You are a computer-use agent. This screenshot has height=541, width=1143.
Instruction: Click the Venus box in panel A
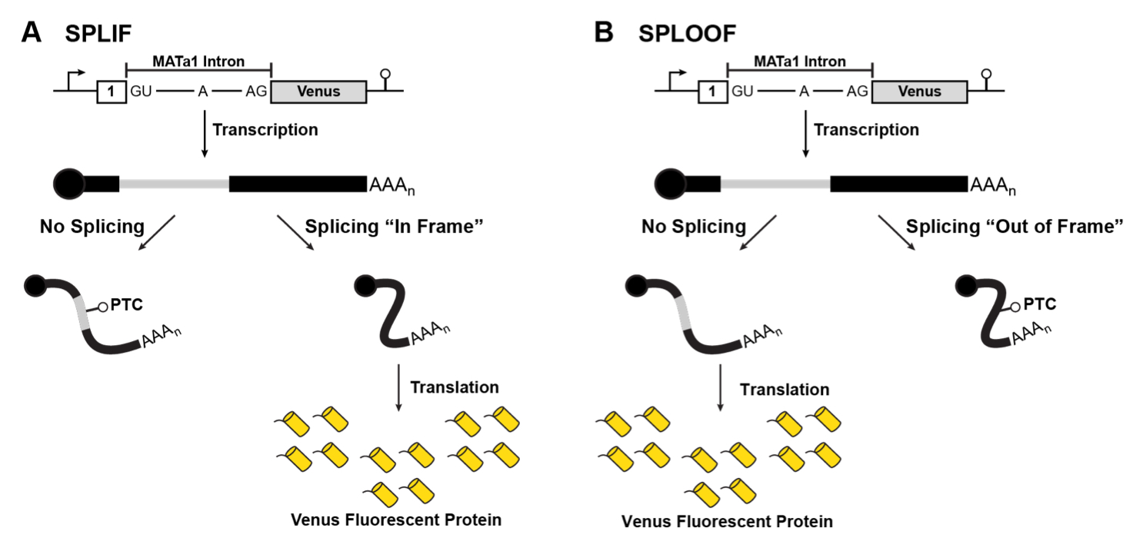click(x=318, y=91)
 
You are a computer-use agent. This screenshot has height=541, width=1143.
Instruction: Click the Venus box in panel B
click(x=919, y=91)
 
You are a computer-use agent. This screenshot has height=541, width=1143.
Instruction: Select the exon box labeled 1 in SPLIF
click(x=109, y=91)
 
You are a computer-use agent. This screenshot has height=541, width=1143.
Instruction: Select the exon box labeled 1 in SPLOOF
click(x=711, y=91)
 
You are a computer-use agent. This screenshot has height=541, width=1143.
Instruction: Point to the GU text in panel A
click(x=141, y=91)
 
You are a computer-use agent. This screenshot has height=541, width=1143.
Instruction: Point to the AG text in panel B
click(x=857, y=91)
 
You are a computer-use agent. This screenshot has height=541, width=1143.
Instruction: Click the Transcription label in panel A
click(x=265, y=130)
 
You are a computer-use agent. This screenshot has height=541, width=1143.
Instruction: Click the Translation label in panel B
click(x=785, y=390)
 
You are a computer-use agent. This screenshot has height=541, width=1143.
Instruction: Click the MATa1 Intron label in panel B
click(x=800, y=61)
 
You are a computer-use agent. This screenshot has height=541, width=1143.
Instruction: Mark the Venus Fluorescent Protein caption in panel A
click(x=396, y=519)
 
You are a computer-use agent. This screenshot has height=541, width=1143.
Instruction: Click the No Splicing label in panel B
click(x=694, y=227)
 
